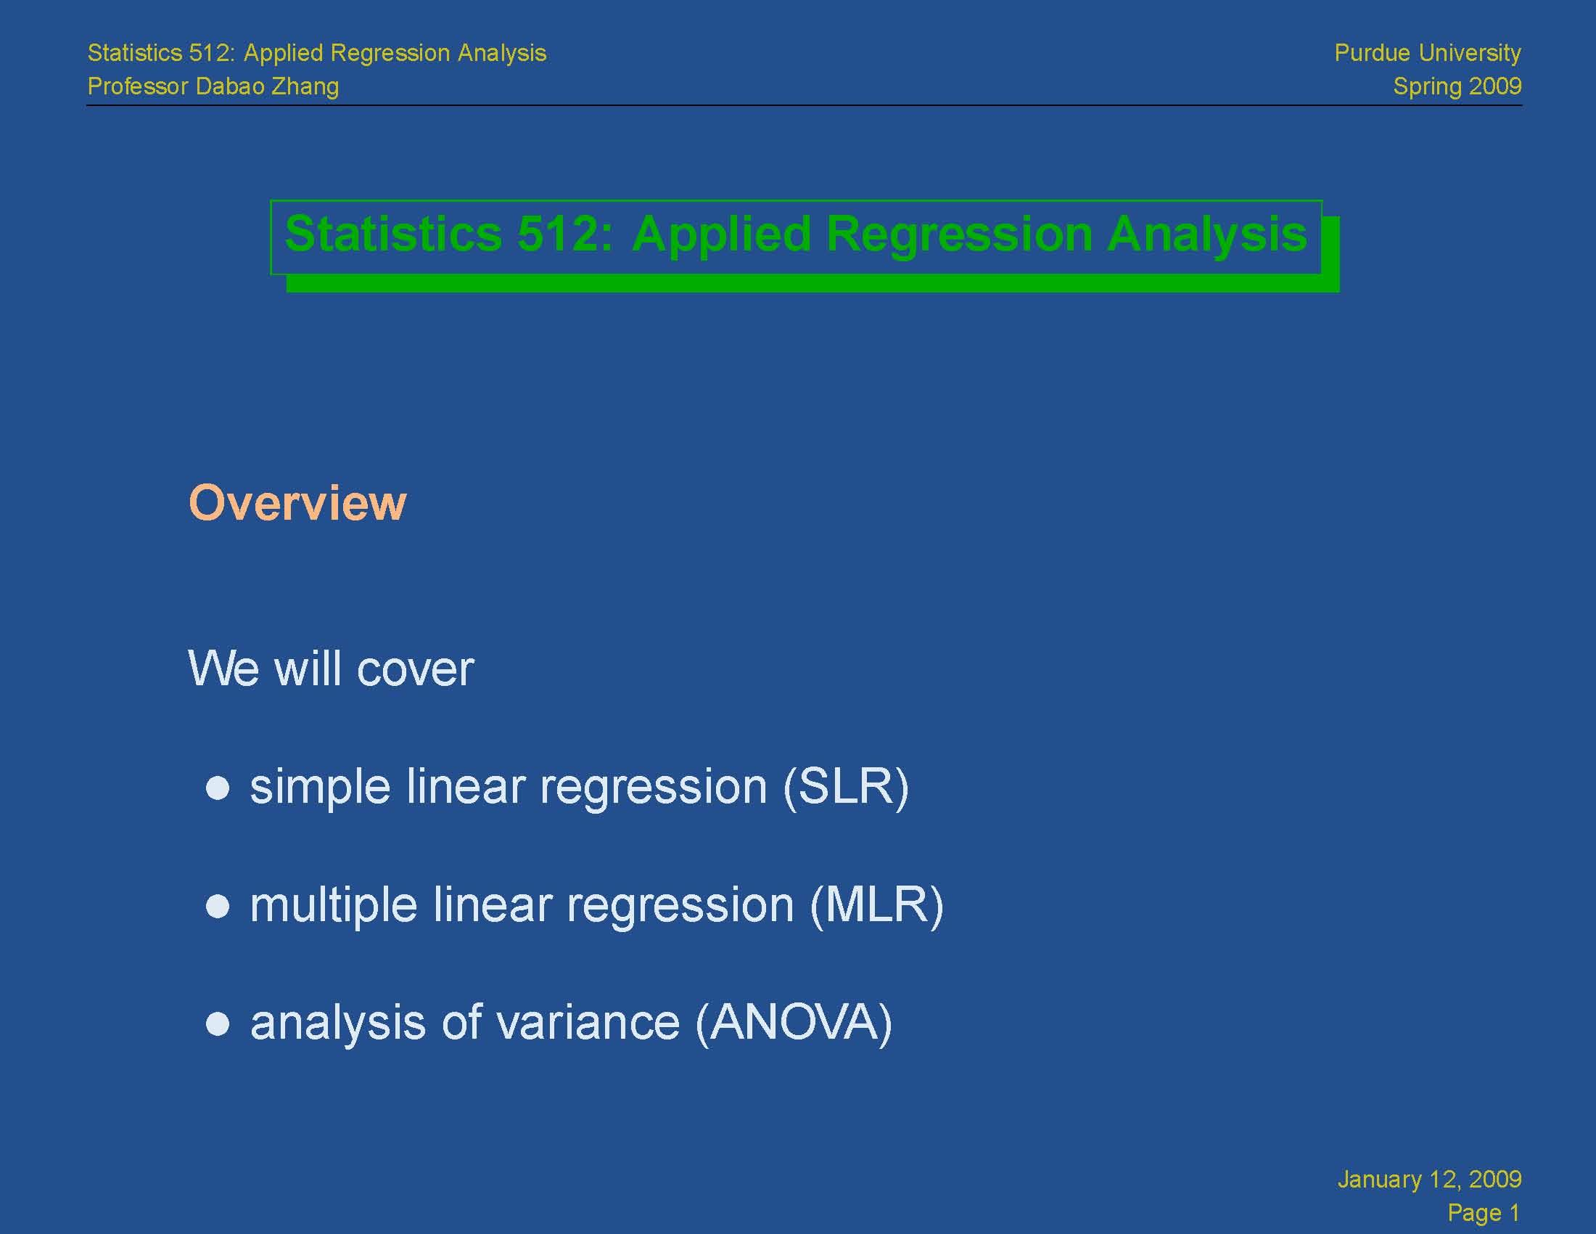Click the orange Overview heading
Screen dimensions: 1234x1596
[x=297, y=503]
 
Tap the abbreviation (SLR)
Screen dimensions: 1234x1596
[x=845, y=788]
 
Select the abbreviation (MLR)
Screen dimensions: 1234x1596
[x=876, y=906]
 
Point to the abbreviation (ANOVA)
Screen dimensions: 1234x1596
[x=794, y=1023]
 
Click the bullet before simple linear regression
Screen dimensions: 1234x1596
[x=218, y=788]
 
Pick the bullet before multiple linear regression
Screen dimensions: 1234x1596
[x=218, y=907]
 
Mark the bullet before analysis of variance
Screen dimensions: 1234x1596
[x=218, y=1023]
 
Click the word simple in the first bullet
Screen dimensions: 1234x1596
[x=320, y=788]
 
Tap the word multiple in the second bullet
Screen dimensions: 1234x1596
[x=333, y=907]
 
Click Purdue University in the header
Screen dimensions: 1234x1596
[x=1427, y=53]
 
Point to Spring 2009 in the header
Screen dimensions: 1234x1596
[x=1457, y=86]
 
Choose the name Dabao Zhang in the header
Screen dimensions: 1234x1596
[x=268, y=86]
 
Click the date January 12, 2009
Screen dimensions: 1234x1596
[x=1428, y=1179]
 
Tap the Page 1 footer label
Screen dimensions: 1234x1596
[x=1483, y=1213]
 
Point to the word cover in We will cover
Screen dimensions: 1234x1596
[x=415, y=669]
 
